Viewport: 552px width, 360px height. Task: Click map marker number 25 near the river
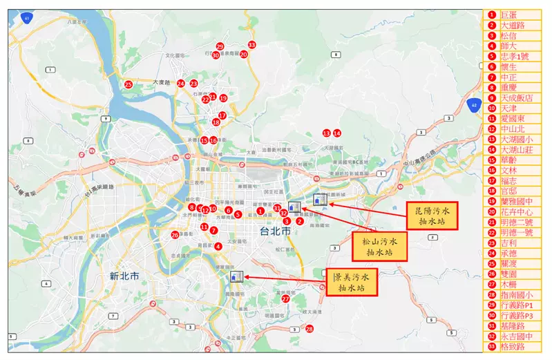[129, 84]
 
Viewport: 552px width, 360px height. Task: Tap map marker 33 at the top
[251, 45]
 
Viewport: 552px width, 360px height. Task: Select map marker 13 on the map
[326, 133]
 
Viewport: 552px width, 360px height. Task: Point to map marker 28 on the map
[309, 329]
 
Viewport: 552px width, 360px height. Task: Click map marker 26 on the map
[175, 235]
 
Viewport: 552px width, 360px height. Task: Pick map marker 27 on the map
[285, 299]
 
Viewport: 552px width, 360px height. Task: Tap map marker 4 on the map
[218, 246]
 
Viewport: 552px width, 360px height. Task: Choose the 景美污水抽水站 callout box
[352, 282]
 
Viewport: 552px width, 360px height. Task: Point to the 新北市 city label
[125, 276]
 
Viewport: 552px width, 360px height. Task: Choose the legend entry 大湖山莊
[517, 149]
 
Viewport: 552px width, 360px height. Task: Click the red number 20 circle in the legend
[492, 211]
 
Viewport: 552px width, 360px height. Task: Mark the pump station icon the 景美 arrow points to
[236, 276]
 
